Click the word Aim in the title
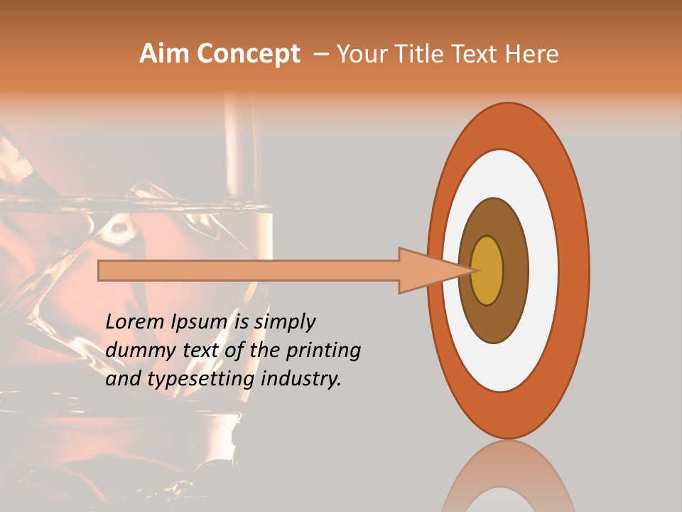(164, 54)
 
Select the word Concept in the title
(248, 54)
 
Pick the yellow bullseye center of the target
(487, 270)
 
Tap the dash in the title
(321, 54)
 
